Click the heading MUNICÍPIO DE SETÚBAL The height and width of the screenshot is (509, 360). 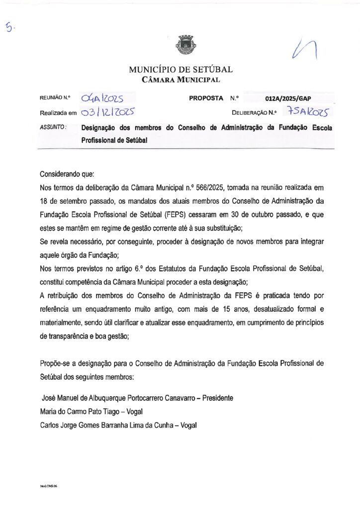[x=180, y=70]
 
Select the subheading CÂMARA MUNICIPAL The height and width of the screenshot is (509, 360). [x=180, y=80]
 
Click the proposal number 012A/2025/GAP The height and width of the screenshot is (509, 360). [x=288, y=98]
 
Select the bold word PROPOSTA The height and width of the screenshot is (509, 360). [x=206, y=98]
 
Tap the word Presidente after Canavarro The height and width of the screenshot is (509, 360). [x=213, y=398]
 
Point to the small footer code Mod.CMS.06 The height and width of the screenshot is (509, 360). [x=49, y=486]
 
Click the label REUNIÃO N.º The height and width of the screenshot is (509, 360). [x=55, y=98]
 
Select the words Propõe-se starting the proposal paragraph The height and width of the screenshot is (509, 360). [x=56, y=363]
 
